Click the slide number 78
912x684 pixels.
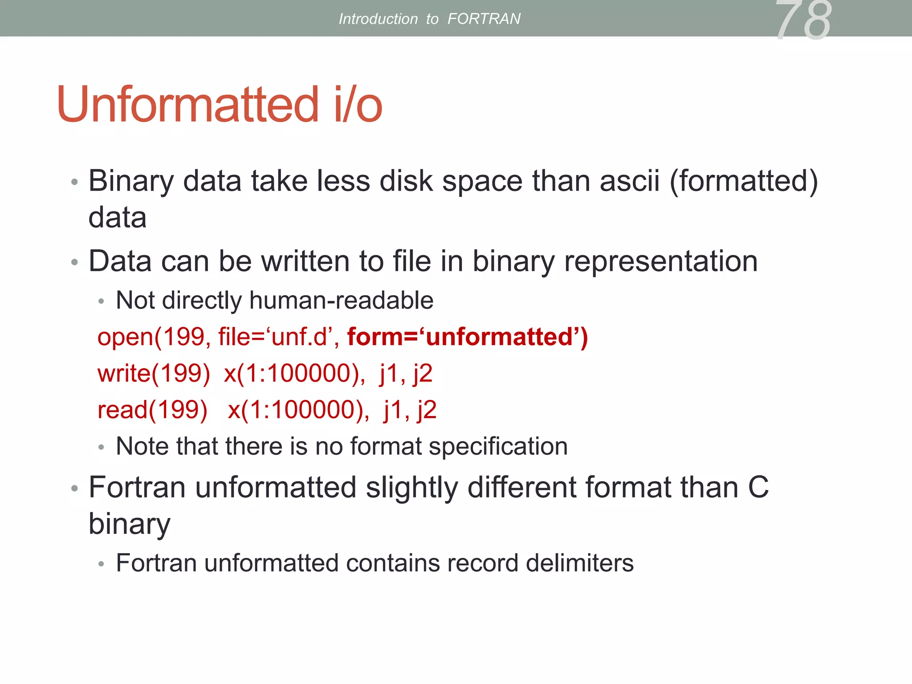803,20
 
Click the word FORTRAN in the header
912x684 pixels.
484,19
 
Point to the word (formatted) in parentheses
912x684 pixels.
744,182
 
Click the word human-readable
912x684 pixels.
341,301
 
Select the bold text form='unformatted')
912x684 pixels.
468,337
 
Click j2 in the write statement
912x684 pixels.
422,373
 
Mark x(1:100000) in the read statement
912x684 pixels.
298,410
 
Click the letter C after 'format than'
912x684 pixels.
758,487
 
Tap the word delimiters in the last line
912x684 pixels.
579,563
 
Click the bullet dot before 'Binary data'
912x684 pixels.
74,182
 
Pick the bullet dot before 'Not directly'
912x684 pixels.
101,302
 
